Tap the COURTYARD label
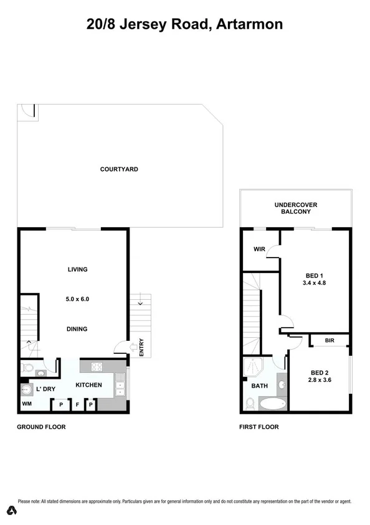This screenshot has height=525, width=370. pos(119,169)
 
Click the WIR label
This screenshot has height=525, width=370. pos(260,249)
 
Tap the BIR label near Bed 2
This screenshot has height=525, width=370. pos(330,341)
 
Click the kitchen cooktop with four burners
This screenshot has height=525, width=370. pos(97,367)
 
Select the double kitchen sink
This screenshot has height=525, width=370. pos(119,385)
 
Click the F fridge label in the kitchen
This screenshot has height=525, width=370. pos(77,405)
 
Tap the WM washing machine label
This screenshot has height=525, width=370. pos(27,404)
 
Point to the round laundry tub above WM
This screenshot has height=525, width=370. pos(27,390)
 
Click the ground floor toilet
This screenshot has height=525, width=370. pos(27,369)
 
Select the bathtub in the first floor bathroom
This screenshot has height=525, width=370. pos(272,404)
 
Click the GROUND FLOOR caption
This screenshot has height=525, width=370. pos(40,427)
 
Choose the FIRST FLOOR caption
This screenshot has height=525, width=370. pos(259,427)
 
